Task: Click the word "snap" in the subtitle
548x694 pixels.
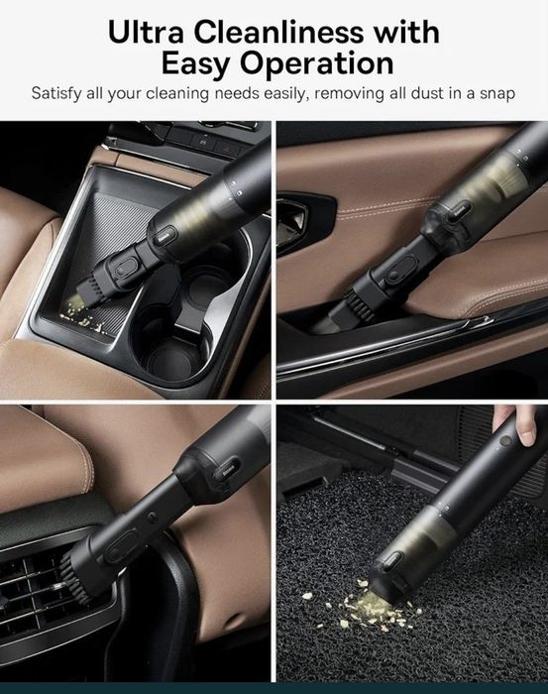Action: point(497,94)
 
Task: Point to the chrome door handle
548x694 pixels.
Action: point(293,214)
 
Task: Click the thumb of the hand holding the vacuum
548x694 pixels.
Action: point(525,426)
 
